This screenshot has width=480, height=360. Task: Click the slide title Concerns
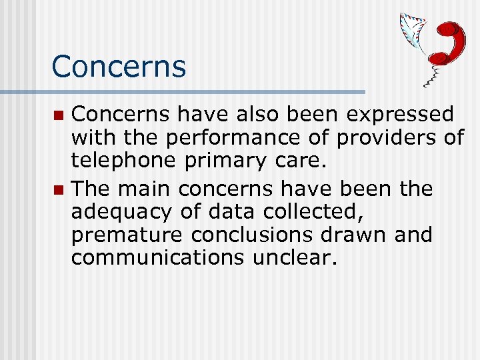119,66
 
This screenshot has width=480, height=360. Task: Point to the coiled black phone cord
434,75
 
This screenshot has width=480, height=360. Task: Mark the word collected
303,212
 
